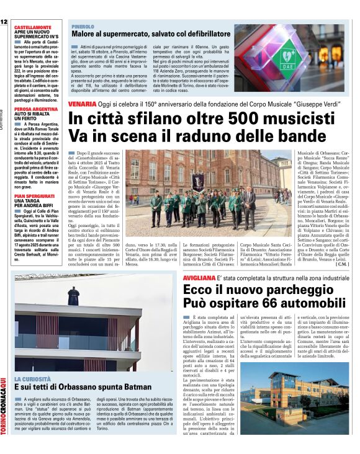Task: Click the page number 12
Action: (x=4, y=22)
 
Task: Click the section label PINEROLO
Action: (x=83, y=27)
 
